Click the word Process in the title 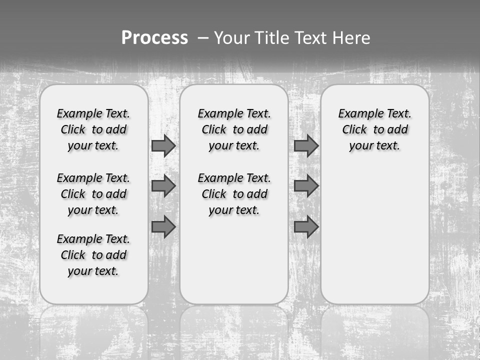pos(154,37)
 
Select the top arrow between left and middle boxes pos(163,145)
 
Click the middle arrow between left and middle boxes pos(163,186)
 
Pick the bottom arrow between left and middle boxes pos(163,227)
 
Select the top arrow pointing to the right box pos(306,145)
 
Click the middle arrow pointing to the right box pos(306,186)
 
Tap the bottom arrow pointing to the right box pos(306,227)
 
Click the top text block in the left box pos(93,129)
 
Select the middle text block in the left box pos(93,194)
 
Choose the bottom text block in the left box pos(93,255)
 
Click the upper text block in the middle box pos(234,129)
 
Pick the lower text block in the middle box pos(234,194)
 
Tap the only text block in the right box pos(374,129)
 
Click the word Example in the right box pos(357,114)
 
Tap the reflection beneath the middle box pos(234,325)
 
